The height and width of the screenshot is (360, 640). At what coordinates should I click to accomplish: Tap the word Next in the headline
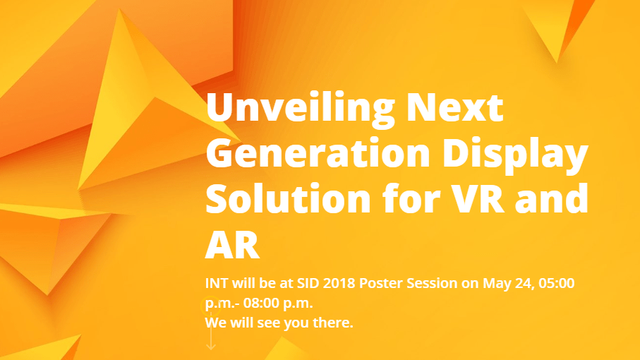(455, 107)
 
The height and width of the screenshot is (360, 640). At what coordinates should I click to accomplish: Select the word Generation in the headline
(318, 153)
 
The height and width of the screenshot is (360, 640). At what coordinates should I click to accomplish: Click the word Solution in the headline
(288, 199)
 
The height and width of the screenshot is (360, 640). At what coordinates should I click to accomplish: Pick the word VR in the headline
(478, 199)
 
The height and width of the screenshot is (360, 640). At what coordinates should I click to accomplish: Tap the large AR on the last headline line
(232, 244)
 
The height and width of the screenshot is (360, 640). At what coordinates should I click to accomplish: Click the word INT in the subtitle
(217, 283)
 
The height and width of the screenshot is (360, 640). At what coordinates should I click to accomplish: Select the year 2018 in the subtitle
(339, 283)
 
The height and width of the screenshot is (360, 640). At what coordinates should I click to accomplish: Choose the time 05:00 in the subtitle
(557, 283)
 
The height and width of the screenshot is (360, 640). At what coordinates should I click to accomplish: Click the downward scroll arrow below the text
(211, 330)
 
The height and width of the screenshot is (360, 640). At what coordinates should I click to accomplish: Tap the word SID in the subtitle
(308, 283)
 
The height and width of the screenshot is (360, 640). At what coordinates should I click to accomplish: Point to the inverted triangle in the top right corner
(558, 25)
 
